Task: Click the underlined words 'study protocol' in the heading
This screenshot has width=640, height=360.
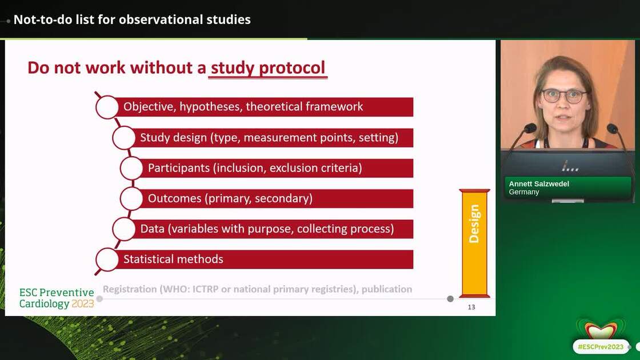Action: click(268, 67)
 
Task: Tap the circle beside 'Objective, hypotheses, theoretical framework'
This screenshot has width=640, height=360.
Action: click(107, 107)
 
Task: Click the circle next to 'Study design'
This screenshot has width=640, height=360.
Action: click(123, 138)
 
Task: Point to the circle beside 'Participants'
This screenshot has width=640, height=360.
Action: click(131, 168)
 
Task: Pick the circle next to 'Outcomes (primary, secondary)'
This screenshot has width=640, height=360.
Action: click(131, 198)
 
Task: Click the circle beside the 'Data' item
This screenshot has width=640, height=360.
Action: click(123, 229)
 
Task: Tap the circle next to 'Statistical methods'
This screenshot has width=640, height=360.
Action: click(107, 259)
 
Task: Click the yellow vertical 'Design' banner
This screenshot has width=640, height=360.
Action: click(474, 243)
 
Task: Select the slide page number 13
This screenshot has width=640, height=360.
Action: click(471, 307)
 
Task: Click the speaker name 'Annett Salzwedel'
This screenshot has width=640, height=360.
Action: click(539, 184)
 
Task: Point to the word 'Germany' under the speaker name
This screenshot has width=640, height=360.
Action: click(524, 192)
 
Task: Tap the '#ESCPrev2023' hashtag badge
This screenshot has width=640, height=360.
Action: click(601, 346)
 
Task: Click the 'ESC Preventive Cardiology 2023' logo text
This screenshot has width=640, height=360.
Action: click(57, 298)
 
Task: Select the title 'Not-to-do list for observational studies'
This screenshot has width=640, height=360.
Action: click(132, 19)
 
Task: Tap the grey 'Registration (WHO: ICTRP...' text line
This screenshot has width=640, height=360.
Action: click(257, 289)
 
